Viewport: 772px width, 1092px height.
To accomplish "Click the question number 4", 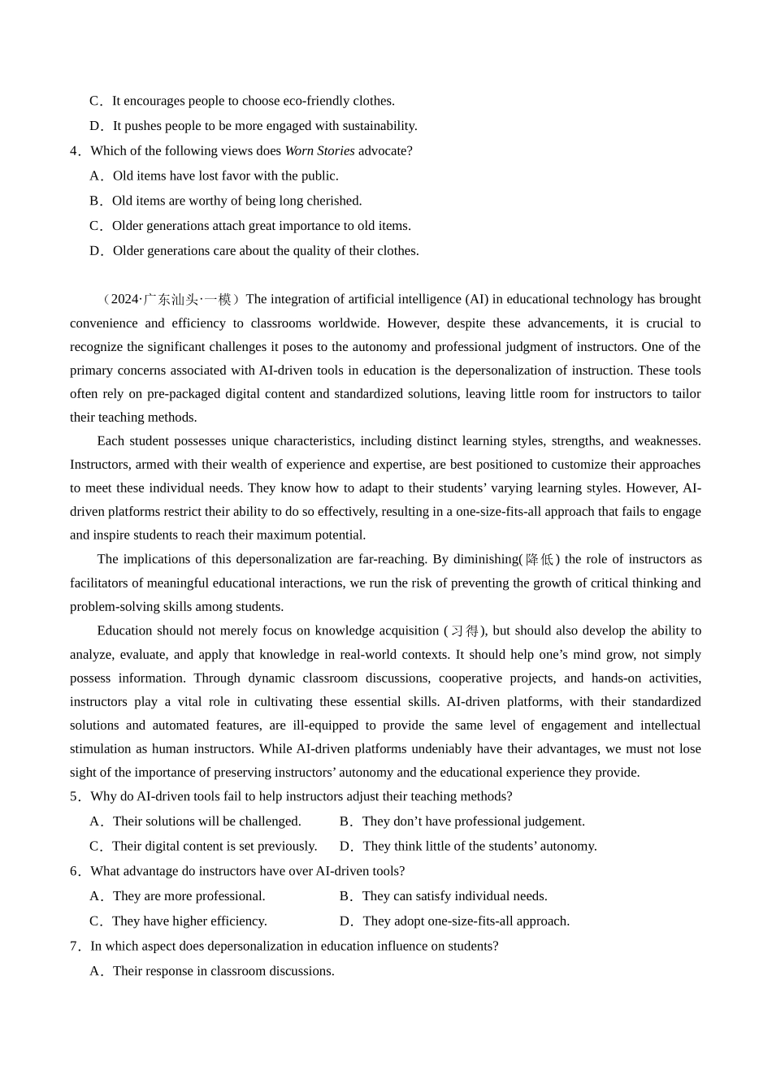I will (x=74, y=151).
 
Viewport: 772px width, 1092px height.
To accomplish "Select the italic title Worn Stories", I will (x=319, y=151).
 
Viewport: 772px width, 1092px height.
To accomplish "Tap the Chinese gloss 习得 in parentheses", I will (x=465, y=630).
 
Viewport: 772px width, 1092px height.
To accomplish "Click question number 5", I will (x=74, y=796).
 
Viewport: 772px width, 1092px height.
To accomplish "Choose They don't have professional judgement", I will (x=462, y=821).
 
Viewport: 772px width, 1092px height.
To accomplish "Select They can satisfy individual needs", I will (x=444, y=896).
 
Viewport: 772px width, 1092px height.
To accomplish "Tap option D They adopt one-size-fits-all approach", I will (x=455, y=921).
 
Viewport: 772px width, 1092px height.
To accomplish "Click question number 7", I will (x=74, y=947).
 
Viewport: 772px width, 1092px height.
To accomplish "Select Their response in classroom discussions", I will (x=213, y=971).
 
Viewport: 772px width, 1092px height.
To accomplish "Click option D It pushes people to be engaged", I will (x=254, y=126).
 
